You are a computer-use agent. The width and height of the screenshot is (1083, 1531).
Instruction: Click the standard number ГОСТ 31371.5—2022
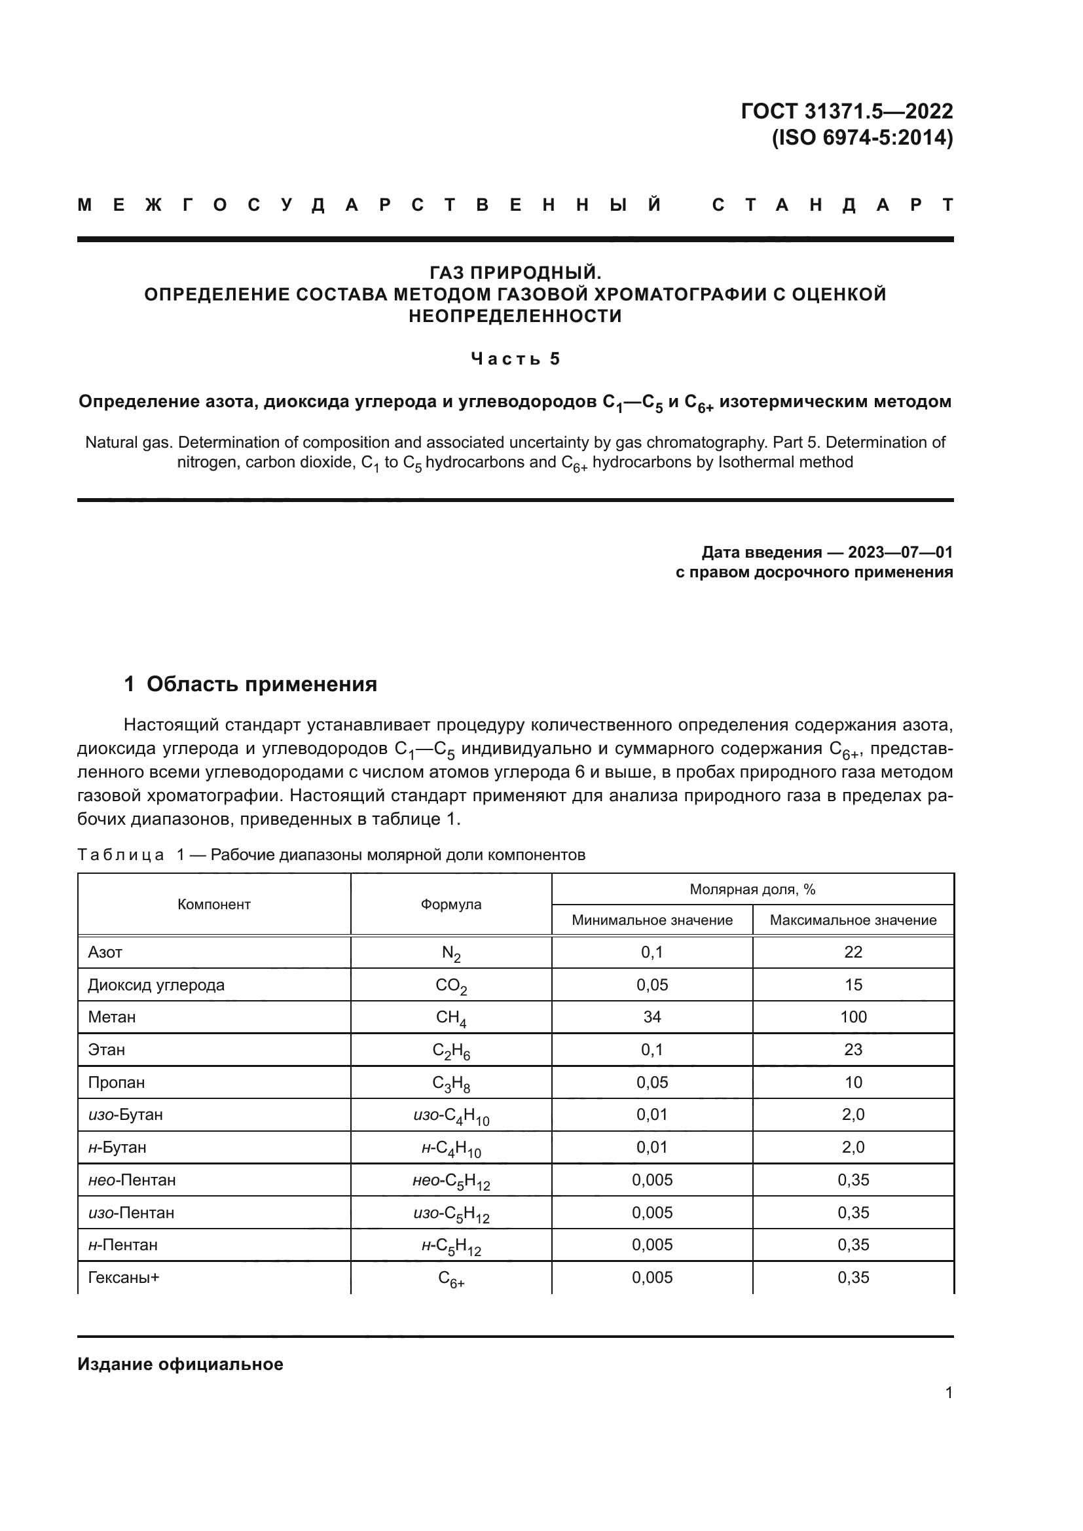(x=846, y=111)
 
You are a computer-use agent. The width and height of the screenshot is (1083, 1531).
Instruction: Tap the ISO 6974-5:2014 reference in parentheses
(x=862, y=137)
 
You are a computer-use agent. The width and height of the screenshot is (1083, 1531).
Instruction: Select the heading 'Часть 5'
(x=515, y=359)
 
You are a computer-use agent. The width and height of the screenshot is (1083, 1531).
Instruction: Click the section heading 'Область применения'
(x=261, y=684)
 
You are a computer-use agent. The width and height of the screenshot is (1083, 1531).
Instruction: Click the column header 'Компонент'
(x=214, y=904)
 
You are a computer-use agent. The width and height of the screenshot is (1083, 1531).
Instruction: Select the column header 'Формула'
(x=450, y=904)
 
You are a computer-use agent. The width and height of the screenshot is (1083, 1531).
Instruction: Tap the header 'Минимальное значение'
(x=652, y=920)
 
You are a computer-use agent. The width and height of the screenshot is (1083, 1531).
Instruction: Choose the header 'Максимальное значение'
(x=853, y=920)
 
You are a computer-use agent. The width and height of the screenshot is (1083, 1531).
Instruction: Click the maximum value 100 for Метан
(x=853, y=1017)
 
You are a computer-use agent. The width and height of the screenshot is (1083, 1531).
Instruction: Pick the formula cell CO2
(x=450, y=986)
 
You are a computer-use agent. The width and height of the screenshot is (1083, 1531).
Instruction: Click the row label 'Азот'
(x=105, y=952)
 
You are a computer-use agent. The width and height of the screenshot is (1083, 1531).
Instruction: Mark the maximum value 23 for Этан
(x=853, y=1049)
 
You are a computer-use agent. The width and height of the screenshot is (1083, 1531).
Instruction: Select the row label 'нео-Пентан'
(x=132, y=1180)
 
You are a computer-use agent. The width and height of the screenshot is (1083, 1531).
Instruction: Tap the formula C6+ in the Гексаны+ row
(x=450, y=1278)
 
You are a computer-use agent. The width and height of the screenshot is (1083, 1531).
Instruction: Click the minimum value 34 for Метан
(x=652, y=1017)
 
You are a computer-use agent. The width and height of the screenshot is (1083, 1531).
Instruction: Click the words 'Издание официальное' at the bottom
(x=180, y=1364)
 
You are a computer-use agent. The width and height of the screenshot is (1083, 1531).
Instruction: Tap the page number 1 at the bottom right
(x=948, y=1392)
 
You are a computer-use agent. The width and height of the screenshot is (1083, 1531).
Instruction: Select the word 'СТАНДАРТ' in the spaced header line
(x=832, y=206)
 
